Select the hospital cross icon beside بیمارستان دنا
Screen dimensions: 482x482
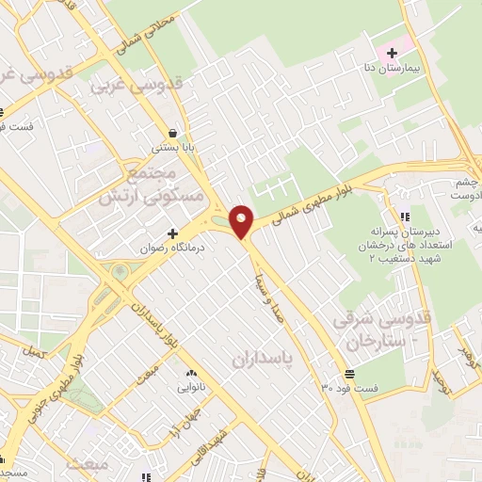click(392, 53)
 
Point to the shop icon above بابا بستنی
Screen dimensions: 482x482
click(172, 133)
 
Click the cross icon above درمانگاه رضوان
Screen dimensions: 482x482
click(172, 233)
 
